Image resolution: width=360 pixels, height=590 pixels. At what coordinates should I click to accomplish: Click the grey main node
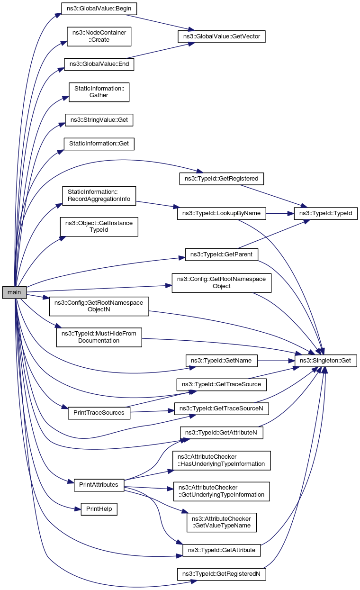click(14, 292)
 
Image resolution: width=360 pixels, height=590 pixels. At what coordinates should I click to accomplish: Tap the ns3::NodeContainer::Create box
click(99, 36)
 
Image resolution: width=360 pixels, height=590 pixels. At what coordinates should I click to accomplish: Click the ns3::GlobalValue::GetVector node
click(221, 36)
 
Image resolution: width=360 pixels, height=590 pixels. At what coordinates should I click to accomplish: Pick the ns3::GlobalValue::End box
click(99, 64)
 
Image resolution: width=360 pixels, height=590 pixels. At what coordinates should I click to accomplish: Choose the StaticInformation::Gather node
click(99, 91)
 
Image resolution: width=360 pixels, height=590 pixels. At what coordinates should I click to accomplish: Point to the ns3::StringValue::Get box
click(99, 119)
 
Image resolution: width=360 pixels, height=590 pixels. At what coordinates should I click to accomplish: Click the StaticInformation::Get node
click(99, 143)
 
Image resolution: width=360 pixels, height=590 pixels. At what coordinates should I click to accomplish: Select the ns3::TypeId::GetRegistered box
click(221, 179)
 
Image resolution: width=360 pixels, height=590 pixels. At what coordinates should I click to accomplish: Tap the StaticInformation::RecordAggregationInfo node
click(99, 196)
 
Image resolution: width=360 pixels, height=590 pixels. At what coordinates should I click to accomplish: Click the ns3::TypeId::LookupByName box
click(221, 213)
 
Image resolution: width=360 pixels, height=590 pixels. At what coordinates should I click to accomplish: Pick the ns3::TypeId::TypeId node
click(326, 213)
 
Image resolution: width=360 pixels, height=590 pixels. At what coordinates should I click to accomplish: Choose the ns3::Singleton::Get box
click(326, 361)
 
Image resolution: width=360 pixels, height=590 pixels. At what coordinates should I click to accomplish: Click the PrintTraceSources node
click(99, 413)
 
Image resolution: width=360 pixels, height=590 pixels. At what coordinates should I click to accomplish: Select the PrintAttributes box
click(99, 485)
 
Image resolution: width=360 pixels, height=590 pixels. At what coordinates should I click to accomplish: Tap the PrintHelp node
click(99, 509)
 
